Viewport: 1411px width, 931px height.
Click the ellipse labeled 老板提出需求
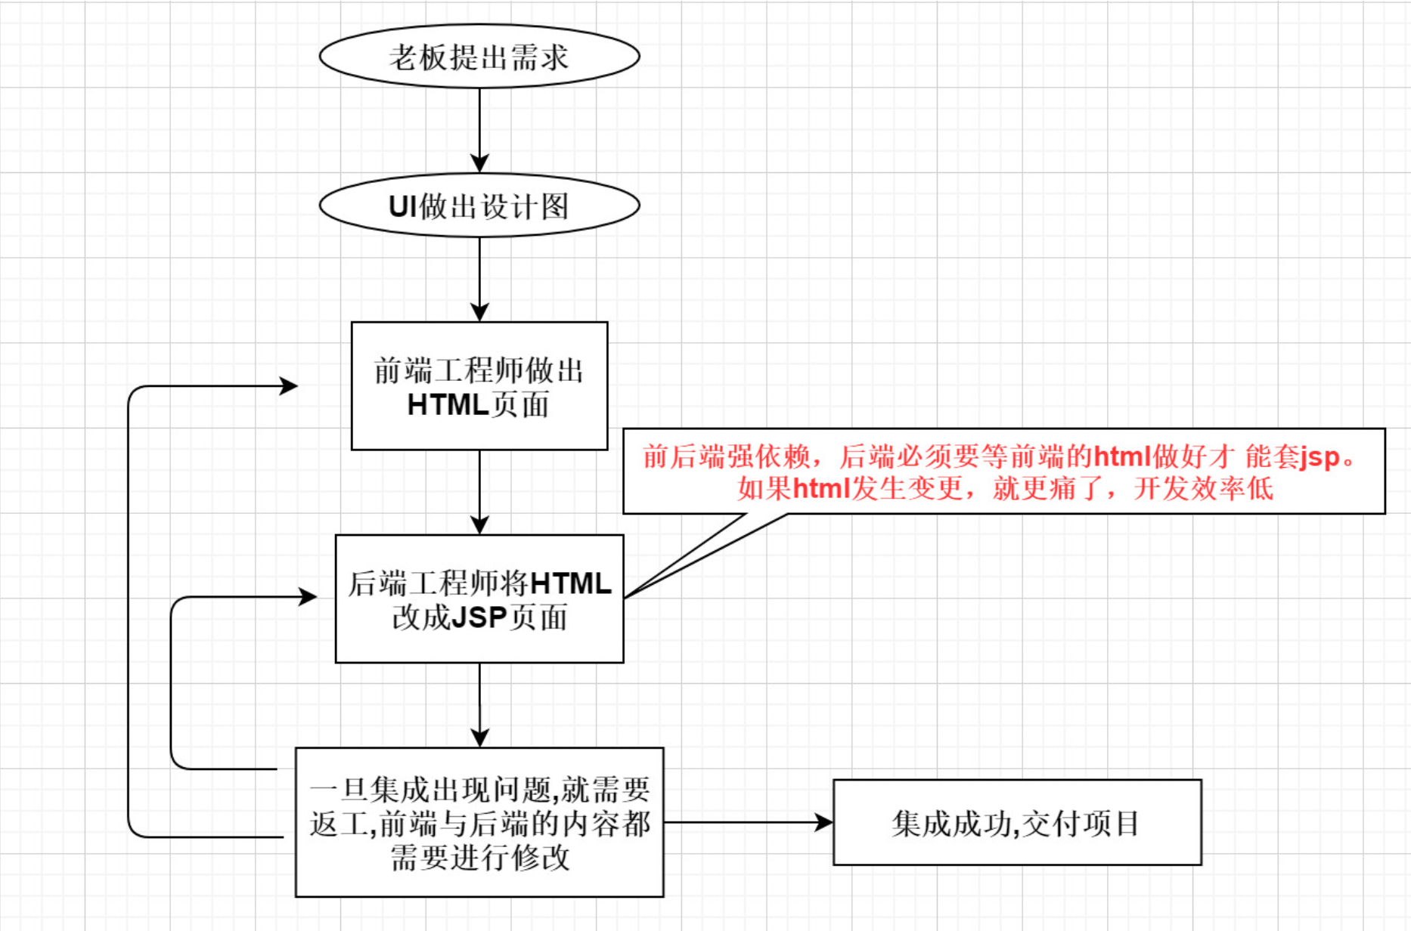(x=479, y=57)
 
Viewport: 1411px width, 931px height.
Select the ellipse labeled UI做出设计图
(x=479, y=206)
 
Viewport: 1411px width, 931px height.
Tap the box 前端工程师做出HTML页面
(x=479, y=386)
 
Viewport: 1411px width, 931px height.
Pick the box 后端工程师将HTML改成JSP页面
(x=479, y=598)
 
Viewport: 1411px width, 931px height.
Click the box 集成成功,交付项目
(x=1017, y=822)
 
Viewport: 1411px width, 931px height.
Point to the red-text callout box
(x=1003, y=472)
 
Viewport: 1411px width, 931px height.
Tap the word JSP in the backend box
(x=479, y=617)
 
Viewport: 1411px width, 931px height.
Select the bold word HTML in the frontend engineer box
(x=448, y=405)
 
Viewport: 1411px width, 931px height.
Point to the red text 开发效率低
(x=1203, y=488)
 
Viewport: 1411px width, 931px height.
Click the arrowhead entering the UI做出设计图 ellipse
(x=479, y=163)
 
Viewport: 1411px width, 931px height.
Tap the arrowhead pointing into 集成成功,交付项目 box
(x=823, y=822)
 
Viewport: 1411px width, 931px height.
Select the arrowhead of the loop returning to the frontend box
(x=289, y=386)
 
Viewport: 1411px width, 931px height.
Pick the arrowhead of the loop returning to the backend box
(x=308, y=597)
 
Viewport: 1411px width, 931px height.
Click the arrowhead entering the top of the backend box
(x=479, y=524)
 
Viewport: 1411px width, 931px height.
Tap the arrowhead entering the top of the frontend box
(x=479, y=311)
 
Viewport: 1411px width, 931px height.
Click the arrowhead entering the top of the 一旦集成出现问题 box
(x=479, y=737)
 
